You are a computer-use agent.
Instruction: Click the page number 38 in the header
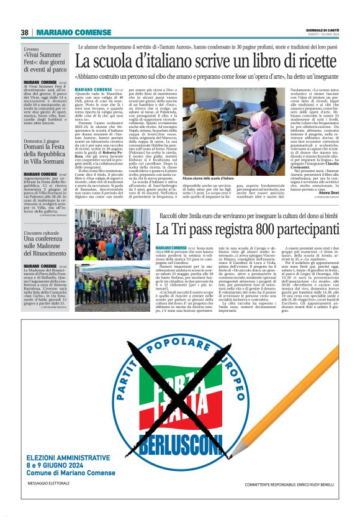click(25, 32)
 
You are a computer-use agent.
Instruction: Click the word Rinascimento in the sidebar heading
click(47, 254)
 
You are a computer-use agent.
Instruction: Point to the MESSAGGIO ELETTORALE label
click(53, 502)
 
